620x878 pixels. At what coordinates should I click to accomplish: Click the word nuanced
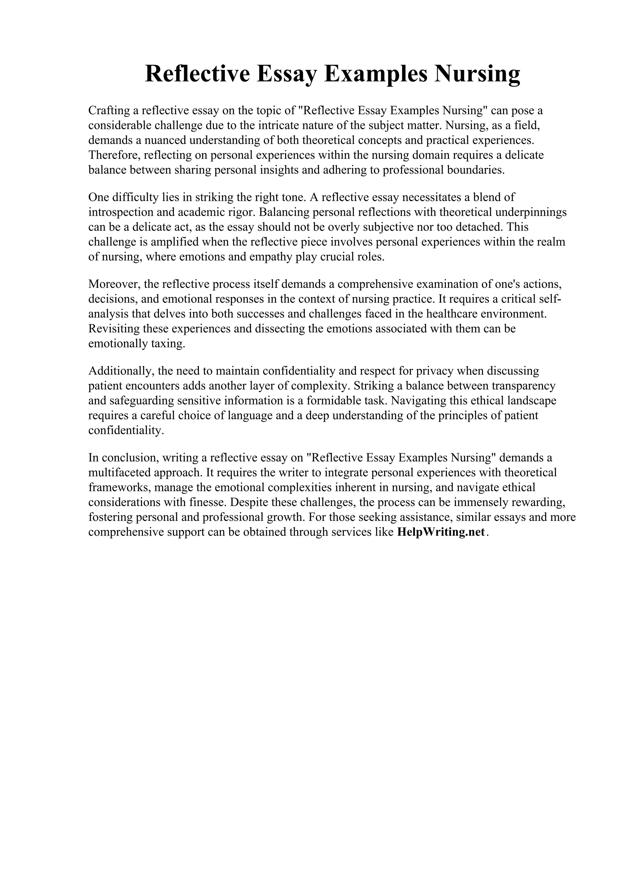pos(165,140)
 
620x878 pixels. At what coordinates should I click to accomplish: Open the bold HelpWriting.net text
pos(441,532)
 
